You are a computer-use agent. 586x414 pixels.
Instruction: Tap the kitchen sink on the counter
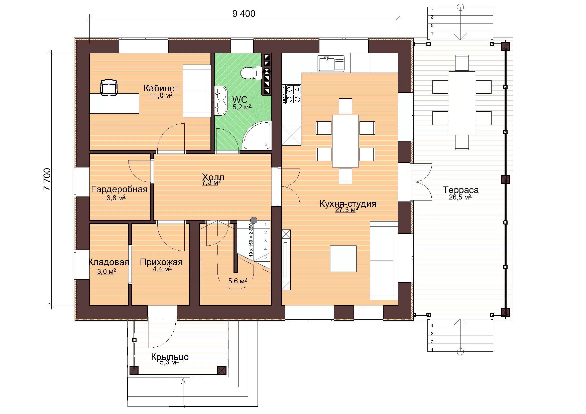point(331,64)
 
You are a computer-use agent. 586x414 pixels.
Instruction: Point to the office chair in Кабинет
point(109,88)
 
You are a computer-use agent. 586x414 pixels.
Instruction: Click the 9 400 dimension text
point(244,14)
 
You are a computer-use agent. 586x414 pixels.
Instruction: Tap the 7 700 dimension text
point(47,179)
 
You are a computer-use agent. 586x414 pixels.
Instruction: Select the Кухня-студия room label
point(348,204)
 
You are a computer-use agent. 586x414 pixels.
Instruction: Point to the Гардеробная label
point(120,189)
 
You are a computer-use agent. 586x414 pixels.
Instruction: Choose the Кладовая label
point(108,262)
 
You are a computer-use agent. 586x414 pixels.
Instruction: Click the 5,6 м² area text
point(238,281)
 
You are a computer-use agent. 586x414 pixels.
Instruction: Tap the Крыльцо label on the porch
point(170,357)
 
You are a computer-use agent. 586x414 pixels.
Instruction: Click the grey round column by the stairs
point(254,220)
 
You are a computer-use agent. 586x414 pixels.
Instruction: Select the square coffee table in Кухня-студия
point(343,259)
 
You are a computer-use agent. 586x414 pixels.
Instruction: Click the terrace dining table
point(462,102)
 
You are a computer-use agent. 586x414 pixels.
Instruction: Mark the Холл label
point(213,177)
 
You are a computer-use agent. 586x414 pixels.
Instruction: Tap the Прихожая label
point(161,262)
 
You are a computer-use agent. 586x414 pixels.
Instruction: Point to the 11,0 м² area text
point(161,96)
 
